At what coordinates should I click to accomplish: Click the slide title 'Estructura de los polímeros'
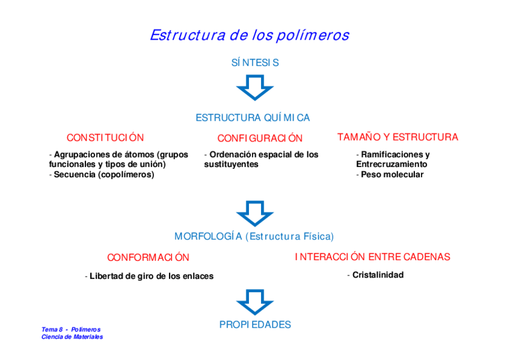click(x=249, y=35)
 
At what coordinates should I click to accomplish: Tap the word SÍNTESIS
click(x=255, y=63)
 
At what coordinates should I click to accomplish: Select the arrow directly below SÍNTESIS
click(x=255, y=87)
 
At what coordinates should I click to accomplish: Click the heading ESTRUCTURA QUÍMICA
click(x=253, y=118)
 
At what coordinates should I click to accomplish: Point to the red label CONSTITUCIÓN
click(x=105, y=138)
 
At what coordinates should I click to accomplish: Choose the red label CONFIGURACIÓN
click(x=260, y=138)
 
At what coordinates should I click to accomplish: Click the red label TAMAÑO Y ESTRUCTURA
click(x=398, y=137)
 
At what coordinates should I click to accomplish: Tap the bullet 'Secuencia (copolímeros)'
click(x=103, y=175)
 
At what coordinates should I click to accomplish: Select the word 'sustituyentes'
click(x=231, y=165)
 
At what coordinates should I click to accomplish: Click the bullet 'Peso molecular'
click(x=392, y=175)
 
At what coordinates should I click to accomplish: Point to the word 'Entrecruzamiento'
click(x=392, y=165)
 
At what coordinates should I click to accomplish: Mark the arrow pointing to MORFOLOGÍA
click(x=255, y=213)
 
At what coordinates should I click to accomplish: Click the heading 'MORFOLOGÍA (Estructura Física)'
click(x=254, y=236)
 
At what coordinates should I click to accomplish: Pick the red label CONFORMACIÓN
click(x=148, y=257)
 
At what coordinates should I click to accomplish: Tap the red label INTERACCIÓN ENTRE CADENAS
click(x=372, y=257)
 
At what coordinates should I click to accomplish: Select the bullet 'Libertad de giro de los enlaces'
click(x=151, y=276)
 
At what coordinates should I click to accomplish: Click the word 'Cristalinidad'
click(x=378, y=275)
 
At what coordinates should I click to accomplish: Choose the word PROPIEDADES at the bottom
click(x=255, y=325)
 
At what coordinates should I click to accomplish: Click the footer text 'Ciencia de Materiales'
click(x=72, y=337)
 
